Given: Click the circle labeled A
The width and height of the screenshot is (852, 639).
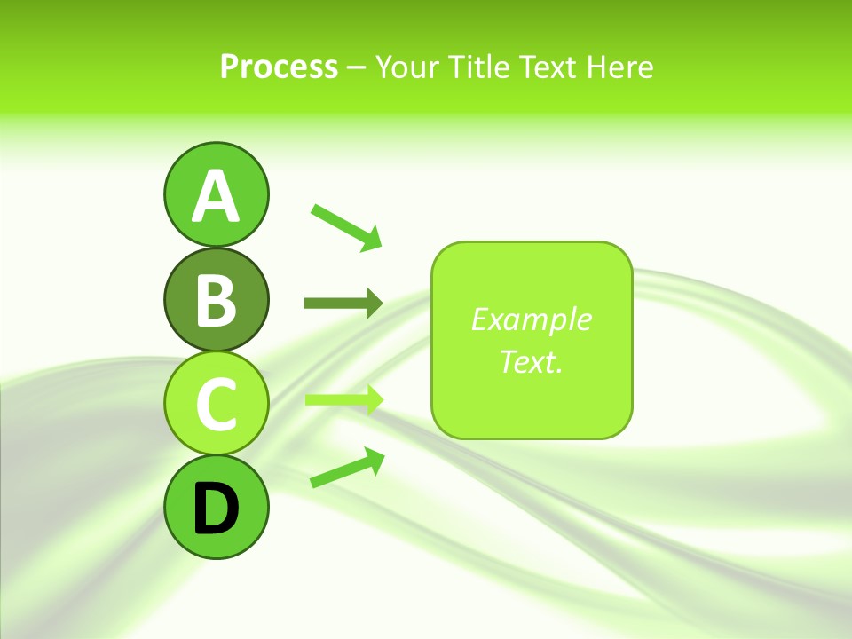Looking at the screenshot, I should [x=216, y=195].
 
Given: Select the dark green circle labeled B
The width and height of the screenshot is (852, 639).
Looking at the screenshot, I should [x=216, y=300].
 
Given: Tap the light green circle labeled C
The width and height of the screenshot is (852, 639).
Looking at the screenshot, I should [x=216, y=404].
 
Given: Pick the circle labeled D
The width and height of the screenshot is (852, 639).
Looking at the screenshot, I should [x=216, y=508].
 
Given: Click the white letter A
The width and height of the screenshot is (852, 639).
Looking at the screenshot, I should [x=216, y=196].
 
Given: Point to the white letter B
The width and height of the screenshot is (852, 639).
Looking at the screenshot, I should [x=216, y=300].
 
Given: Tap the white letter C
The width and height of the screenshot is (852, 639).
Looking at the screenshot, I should [x=216, y=404].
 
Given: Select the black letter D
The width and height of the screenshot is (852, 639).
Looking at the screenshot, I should [x=216, y=509].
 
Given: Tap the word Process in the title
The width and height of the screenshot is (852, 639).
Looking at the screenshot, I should [x=279, y=67].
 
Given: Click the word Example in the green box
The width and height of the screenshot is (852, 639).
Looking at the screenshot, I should [x=531, y=319].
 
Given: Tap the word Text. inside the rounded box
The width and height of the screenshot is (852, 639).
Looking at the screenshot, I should [x=531, y=361].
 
